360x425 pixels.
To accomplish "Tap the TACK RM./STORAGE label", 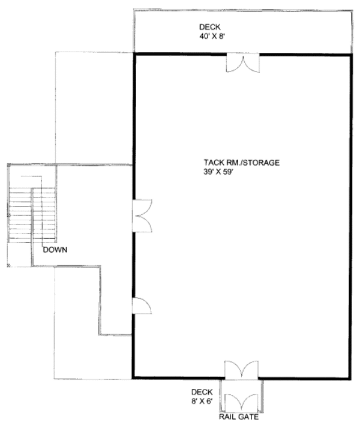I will [242, 162].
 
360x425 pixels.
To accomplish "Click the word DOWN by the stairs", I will [55, 250].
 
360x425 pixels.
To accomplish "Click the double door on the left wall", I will [142, 216].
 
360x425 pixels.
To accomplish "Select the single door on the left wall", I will [142, 306].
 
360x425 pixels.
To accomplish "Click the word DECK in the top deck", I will [210, 27].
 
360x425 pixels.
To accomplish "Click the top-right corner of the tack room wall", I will [350, 55].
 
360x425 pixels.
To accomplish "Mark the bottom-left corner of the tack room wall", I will [133, 378].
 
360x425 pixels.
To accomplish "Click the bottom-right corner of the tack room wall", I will [350, 378].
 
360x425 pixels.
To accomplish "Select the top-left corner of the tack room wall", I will [133, 55].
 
